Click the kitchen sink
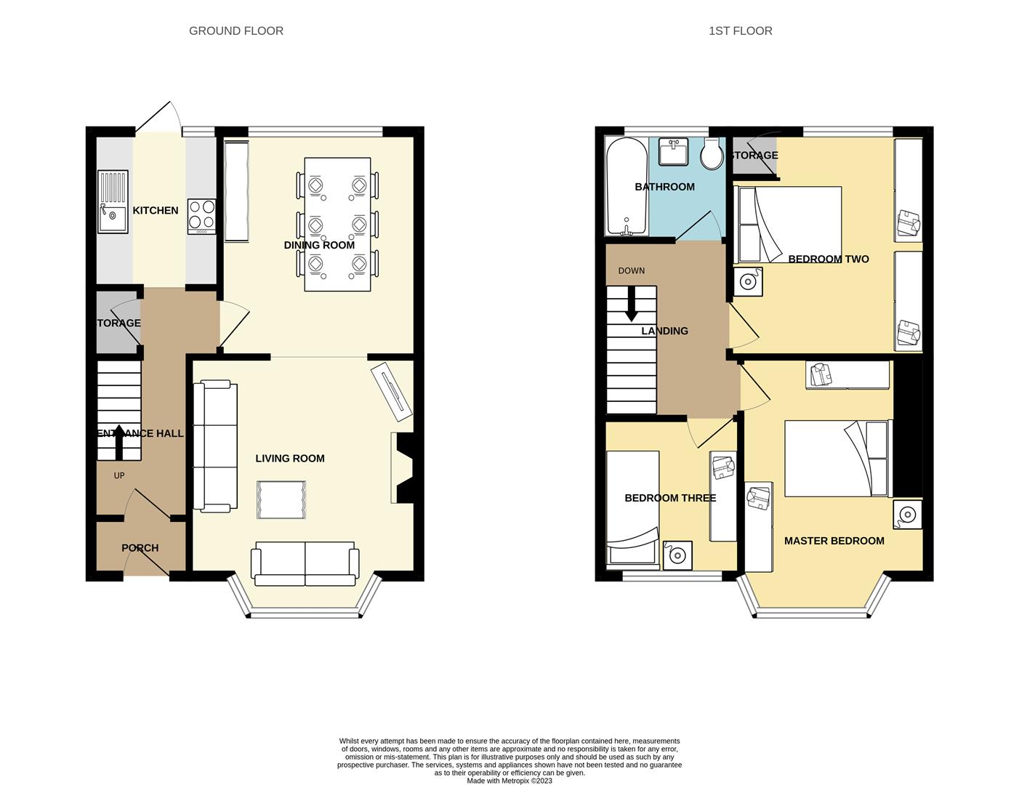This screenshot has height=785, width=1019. pos(113,202)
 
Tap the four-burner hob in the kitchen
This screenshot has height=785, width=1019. pos(202,216)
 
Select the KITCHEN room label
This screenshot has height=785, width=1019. pos(155,211)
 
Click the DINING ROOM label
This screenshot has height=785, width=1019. pos(319,246)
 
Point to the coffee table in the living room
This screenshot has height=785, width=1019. pos(281,499)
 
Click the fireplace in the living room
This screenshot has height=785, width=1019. pos(403,468)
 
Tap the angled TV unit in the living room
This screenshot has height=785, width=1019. pos(392,392)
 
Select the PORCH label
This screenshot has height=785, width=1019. pos(140,548)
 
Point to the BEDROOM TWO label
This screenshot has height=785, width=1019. pos(828,259)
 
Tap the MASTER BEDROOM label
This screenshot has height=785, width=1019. pos(834,541)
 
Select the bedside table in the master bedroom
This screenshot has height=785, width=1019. pos(907,515)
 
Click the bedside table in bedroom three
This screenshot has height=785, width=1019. pos(677,556)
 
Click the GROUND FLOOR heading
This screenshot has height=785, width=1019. pos(236,31)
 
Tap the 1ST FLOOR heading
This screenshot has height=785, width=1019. pos(740,31)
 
